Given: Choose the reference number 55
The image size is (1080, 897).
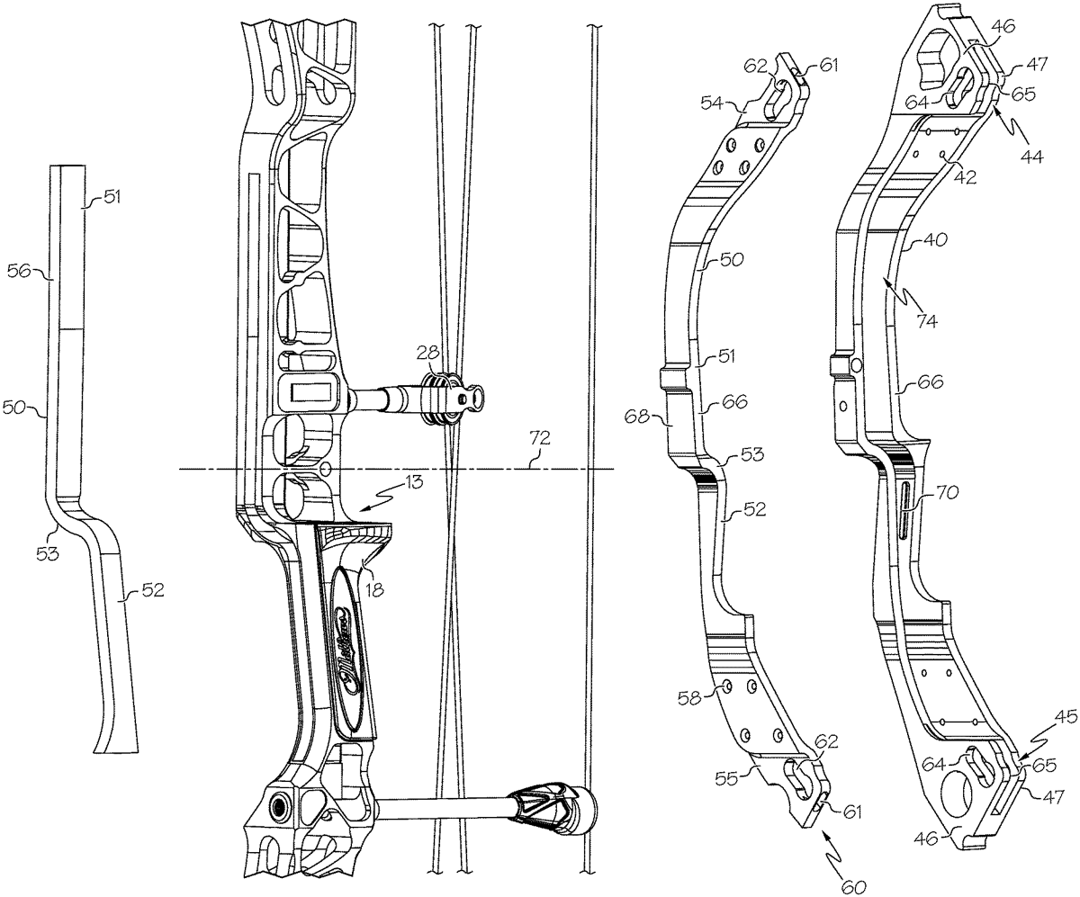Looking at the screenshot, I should click(740, 775).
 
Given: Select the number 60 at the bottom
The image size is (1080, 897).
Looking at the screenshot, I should click(852, 885).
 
